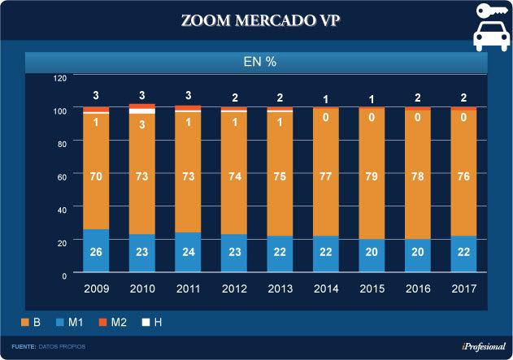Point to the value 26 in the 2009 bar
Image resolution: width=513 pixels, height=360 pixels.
coord(96,253)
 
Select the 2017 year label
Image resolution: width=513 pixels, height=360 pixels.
coord(465,288)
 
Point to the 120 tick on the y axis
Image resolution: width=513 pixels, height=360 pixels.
coord(59,78)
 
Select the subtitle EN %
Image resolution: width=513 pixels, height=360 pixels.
coord(261,61)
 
